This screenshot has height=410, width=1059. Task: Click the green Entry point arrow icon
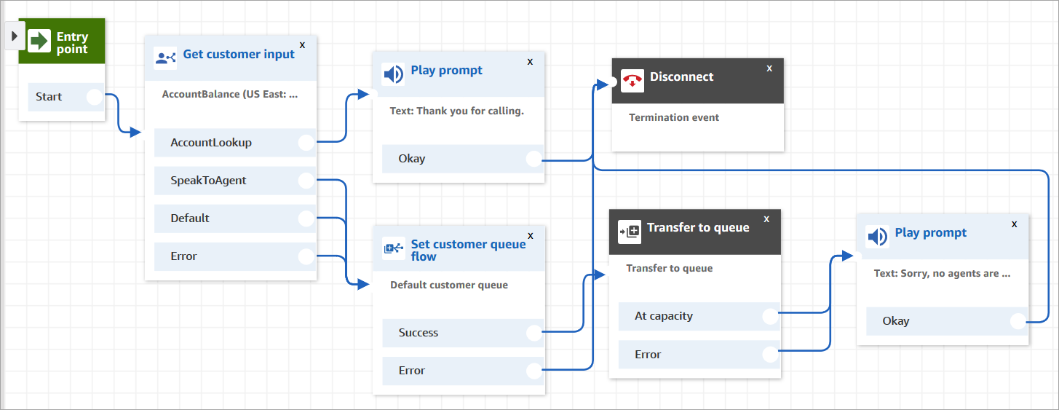[x=39, y=41]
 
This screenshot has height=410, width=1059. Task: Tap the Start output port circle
[x=95, y=97]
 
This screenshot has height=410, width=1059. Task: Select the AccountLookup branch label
[x=211, y=143]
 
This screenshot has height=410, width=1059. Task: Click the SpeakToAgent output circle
[x=306, y=181]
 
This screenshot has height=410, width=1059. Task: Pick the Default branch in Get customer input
[x=190, y=218]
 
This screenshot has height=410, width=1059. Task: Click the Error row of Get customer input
[x=184, y=256]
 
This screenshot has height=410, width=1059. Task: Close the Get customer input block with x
[x=303, y=45]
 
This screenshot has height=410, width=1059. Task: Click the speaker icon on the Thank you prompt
[x=393, y=74]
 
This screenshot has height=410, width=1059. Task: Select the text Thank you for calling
[x=456, y=111]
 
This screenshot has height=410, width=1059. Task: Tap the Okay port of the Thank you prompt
[x=534, y=159]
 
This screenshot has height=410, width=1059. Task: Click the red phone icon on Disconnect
[x=631, y=81]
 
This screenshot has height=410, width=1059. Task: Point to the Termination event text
[x=674, y=117]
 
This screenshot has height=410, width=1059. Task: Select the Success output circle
[x=534, y=333]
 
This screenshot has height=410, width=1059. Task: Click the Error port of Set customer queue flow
[x=534, y=371]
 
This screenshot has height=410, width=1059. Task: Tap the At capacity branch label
[x=664, y=316]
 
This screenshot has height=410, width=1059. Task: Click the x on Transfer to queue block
[x=766, y=218]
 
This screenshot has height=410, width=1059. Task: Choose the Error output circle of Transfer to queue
[x=770, y=355]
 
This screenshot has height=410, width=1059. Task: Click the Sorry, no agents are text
[x=942, y=274]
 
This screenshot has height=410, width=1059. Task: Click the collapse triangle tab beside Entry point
[x=14, y=36]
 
